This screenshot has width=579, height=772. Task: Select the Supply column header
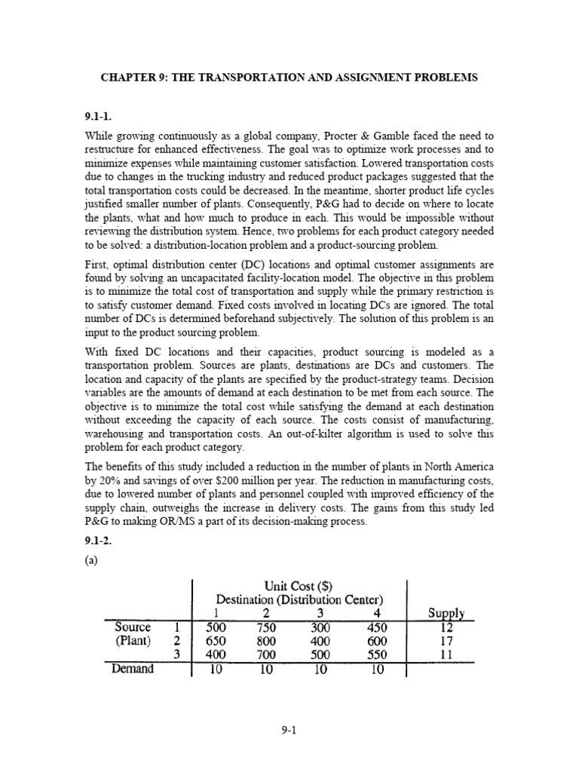pos(445,614)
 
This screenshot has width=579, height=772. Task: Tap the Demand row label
pos(133,669)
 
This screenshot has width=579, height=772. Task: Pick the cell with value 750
pos(267,627)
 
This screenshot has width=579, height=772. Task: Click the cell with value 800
pos(267,641)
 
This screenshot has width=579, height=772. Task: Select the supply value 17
pos(445,641)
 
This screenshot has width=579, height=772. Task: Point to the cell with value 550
pos(375,654)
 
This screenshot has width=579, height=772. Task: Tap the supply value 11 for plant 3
pos(445,654)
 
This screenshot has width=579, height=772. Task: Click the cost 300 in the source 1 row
pos(321,627)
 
